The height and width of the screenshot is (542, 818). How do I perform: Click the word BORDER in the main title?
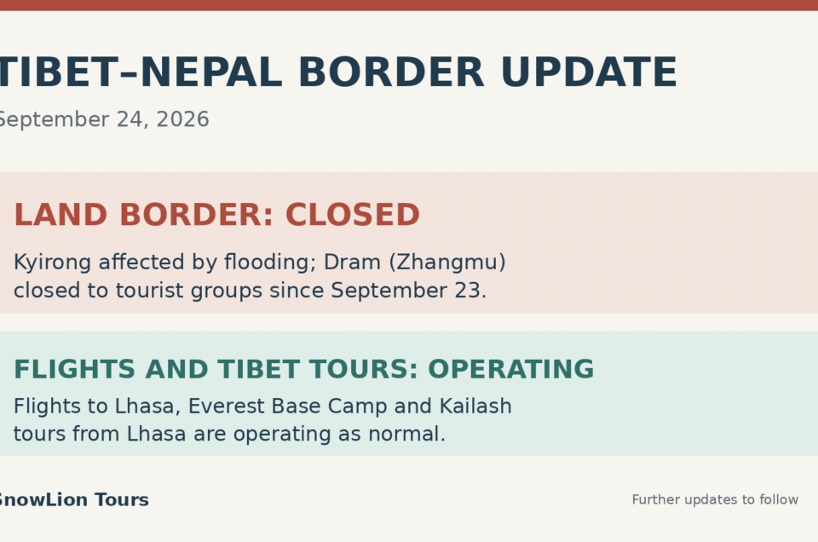click(391, 72)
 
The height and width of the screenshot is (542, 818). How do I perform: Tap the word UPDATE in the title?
click(589, 72)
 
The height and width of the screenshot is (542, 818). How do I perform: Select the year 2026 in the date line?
click(182, 119)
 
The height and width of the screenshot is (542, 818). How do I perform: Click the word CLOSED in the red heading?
click(353, 215)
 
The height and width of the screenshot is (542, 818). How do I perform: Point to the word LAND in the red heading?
click(60, 215)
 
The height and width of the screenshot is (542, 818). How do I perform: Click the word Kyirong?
click(52, 262)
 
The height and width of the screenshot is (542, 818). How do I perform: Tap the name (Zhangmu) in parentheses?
click(447, 262)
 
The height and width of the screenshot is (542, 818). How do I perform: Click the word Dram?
click(352, 262)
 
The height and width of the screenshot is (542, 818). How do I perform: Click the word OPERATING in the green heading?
click(510, 369)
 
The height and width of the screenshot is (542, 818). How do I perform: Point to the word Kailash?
click(475, 406)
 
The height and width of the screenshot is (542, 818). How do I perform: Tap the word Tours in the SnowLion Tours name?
click(122, 499)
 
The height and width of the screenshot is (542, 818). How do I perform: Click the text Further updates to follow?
click(715, 499)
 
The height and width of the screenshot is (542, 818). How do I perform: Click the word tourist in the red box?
click(149, 291)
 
